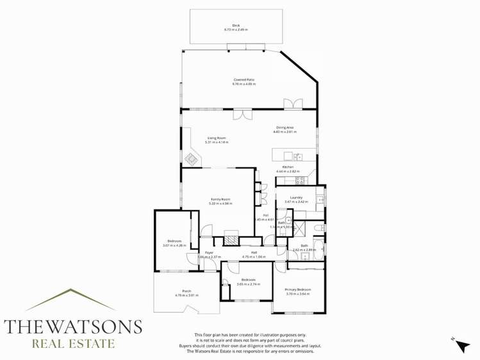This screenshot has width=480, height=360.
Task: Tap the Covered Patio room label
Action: (244, 80)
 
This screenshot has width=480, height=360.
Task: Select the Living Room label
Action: (216, 138)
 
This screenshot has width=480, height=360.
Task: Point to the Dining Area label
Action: (285, 127)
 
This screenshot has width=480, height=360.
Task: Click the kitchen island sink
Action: (297, 156)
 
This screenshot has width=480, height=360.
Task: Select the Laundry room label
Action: (295, 197)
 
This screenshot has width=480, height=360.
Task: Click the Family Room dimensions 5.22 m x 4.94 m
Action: (221, 203)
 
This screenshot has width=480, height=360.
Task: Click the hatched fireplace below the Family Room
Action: (230, 240)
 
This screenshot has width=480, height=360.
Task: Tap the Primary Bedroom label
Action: (297, 290)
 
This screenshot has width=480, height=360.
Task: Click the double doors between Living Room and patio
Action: (242, 115)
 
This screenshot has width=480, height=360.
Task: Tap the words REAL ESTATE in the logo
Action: (73, 344)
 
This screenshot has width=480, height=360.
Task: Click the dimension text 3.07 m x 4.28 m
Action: (174, 245)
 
